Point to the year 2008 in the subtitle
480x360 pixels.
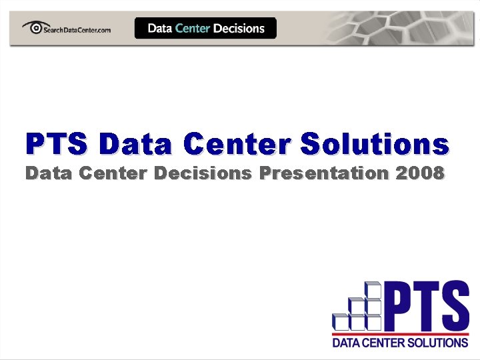[x=419, y=174]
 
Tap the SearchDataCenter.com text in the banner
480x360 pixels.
[x=77, y=30]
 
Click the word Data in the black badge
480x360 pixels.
[x=159, y=29]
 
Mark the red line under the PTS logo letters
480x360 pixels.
[x=400, y=333]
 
